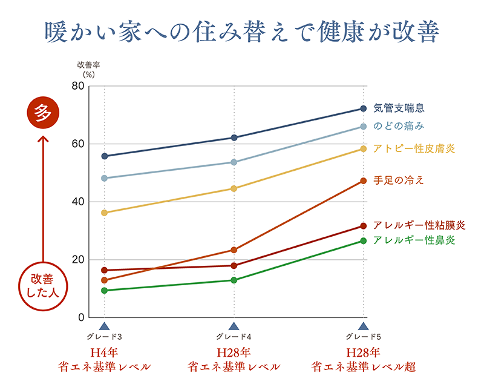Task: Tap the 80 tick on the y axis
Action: [x=77, y=86]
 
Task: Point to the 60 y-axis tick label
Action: [x=77, y=144]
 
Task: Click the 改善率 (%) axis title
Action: [x=88, y=68]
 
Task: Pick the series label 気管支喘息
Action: [x=399, y=108]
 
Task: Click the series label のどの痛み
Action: [x=398, y=127]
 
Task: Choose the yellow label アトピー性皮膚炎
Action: [x=414, y=148]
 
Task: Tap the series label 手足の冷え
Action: [x=399, y=180]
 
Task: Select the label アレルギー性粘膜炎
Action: [x=419, y=225]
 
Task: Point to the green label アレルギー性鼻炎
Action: [x=414, y=240]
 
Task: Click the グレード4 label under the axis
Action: [x=234, y=337]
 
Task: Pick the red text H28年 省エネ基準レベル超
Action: [x=363, y=359]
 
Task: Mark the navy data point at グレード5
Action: [x=364, y=108]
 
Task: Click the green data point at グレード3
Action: [x=105, y=291]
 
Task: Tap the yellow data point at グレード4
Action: [x=234, y=188]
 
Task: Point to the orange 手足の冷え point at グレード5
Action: [x=364, y=180]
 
